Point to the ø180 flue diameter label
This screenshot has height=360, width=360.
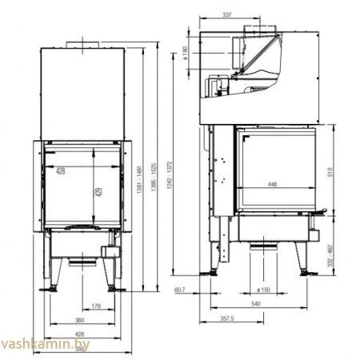point(186,54)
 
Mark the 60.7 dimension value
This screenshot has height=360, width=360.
point(179,290)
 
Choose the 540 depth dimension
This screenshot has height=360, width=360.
point(256,304)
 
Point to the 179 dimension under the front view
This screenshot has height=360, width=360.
point(94,305)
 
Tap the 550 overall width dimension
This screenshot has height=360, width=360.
point(79,348)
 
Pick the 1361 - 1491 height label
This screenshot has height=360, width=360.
point(142,189)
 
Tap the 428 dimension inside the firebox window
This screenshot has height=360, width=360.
point(59,170)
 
